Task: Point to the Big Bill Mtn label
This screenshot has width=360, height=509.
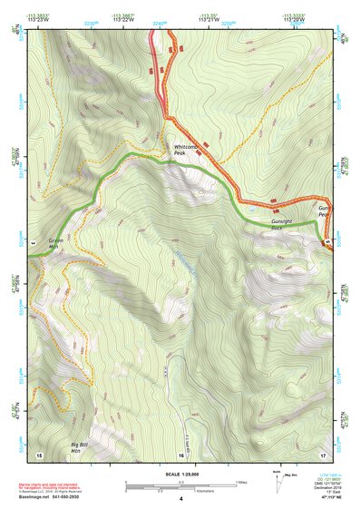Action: [83, 446]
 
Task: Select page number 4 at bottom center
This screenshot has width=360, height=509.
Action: [181, 500]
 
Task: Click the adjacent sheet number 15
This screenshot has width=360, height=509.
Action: [38, 453]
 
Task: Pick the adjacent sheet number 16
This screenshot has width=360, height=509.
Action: [181, 453]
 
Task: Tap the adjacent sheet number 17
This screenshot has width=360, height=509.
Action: [323, 453]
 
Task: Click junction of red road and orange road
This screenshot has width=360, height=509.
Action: [168, 117]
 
